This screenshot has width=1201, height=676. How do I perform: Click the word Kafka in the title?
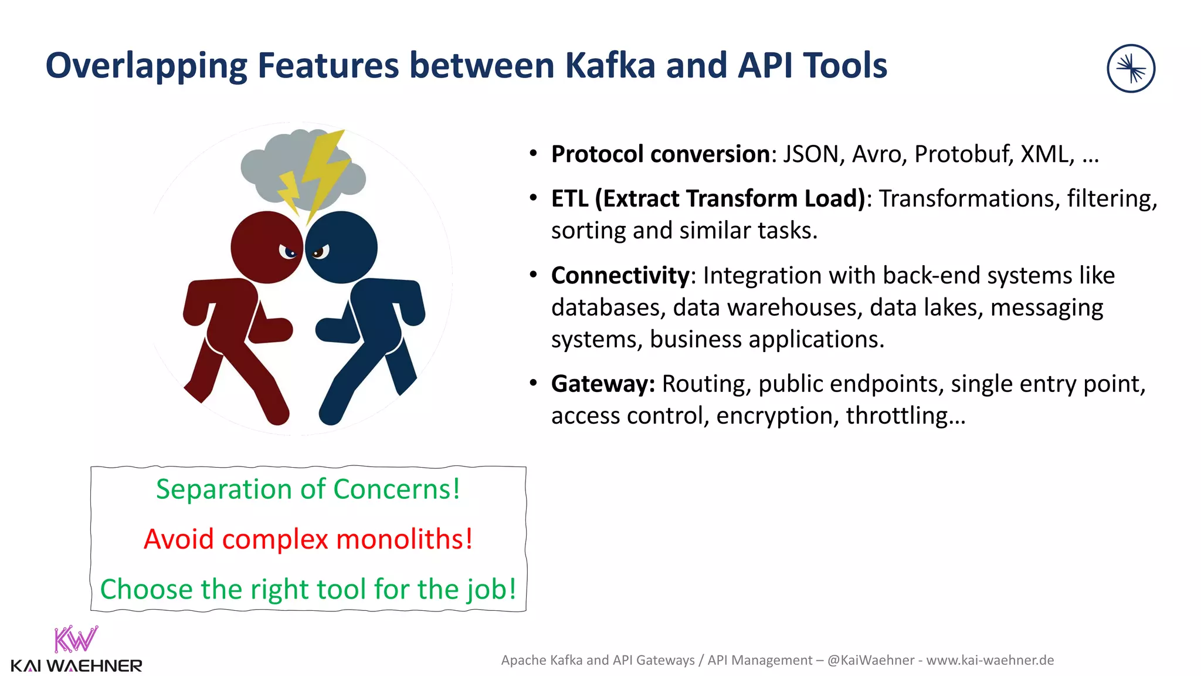coord(610,66)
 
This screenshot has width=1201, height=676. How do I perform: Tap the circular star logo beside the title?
coord(1131,69)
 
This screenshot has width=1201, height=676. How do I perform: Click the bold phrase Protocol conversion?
coord(660,154)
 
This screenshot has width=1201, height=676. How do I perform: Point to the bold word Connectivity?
coord(620,276)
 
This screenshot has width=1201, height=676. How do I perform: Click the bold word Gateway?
coord(602,384)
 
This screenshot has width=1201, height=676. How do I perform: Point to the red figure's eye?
coord(289,252)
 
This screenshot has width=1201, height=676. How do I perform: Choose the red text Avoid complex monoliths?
coord(308,539)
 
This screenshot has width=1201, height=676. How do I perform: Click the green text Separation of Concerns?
coord(308,489)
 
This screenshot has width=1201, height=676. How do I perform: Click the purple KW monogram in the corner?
coord(76,640)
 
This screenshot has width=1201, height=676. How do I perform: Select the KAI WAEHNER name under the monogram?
coord(76,666)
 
